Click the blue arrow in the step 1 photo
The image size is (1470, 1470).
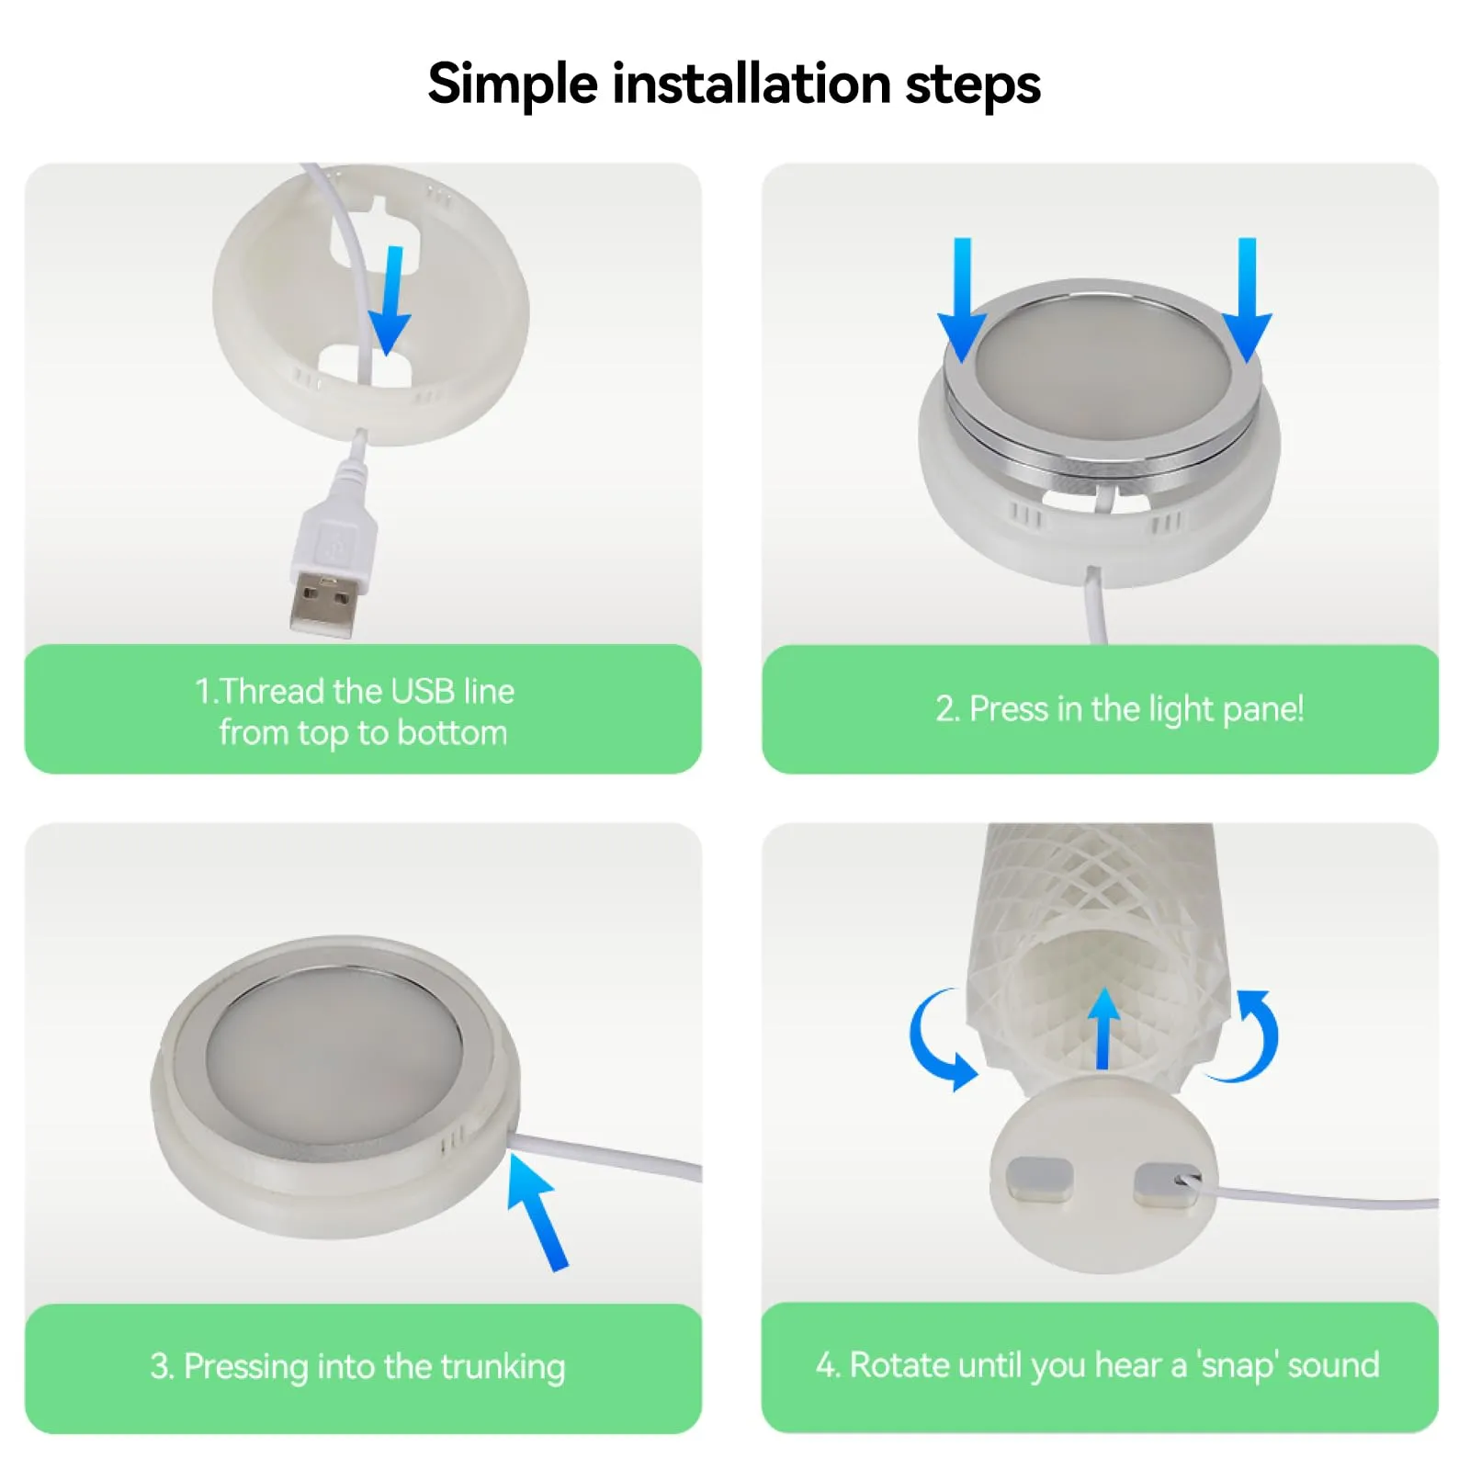[390, 300]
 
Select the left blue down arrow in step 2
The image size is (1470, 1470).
[962, 300]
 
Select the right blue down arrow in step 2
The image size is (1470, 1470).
[1247, 300]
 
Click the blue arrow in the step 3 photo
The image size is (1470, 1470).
[538, 1211]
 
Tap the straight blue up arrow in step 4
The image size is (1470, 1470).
[1103, 1028]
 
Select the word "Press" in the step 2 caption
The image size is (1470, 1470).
[1009, 709]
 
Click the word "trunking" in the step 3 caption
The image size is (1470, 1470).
[503, 1367]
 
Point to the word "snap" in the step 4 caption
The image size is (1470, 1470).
[1240, 1366]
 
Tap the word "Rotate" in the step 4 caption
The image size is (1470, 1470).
[899, 1365]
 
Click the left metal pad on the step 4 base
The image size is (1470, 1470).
[1040, 1179]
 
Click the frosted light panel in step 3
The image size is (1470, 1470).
[334, 1049]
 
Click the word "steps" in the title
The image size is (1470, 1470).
[973, 85]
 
